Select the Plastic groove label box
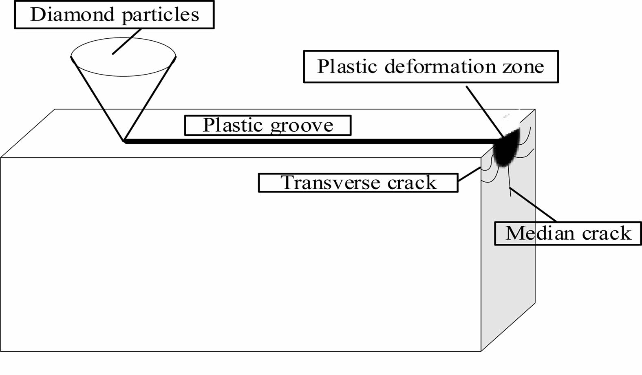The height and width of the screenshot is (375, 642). [x=267, y=126]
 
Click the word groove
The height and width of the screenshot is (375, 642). [x=302, y=126]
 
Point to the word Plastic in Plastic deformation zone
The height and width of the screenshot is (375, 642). [x=347, y=66]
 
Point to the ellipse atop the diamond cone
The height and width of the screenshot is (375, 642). [x=124, y=57]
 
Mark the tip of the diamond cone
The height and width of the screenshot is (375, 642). [x=124, y=141]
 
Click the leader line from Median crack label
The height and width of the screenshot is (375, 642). [x=533, y=205]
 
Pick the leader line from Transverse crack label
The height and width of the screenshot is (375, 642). [x=469, y=174]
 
